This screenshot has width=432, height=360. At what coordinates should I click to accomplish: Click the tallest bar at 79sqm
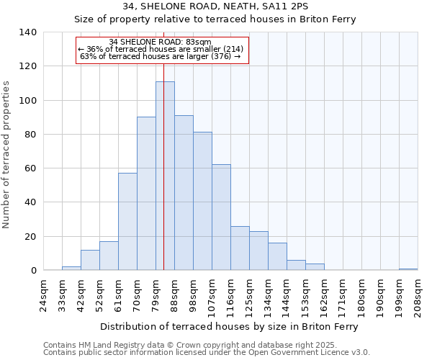(x=165, y=176)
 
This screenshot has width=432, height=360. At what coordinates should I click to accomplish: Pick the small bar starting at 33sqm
(x=71, y=269)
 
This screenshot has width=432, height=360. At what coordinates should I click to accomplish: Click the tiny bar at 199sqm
(x=408, y=269)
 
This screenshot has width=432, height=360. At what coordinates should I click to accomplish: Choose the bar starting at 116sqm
(x=240, y=248)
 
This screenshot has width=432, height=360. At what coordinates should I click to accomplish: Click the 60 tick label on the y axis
(x=30, y=168)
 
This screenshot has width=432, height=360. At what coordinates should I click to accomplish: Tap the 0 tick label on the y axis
(x=33, y=271)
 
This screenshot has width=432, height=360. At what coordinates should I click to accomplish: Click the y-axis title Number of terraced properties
(x=7, y=154)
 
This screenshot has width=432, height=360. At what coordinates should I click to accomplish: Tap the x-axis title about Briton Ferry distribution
(x=229, y=326)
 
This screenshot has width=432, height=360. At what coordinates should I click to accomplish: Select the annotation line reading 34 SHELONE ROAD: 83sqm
(x=161, y=42)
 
